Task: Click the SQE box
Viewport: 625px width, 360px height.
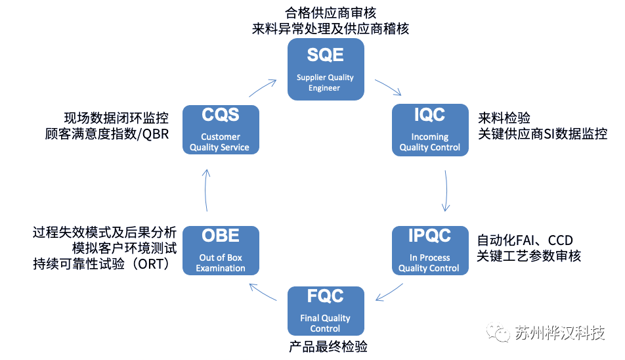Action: tap(326, 70)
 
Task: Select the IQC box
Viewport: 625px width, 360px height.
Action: tap(430, 130)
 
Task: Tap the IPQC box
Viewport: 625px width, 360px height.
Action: tap(430, 250)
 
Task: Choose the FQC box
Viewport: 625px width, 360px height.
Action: tap(326, 311)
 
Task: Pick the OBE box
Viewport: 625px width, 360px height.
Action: tap(221, 250)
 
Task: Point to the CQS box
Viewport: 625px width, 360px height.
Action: tap(221, 129)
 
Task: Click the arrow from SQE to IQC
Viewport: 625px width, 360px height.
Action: tap(388, 87)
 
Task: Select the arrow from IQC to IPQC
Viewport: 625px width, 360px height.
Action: tap(446, 191)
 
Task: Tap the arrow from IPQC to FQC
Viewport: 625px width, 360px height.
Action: tap(389, 292)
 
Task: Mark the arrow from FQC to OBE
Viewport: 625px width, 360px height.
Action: tap(263, 292)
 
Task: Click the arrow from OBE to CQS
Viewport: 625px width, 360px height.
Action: tap(205, 190)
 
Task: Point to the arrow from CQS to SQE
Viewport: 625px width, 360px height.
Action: tap(263, 88)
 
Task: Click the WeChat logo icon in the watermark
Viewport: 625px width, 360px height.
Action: tap(498, 332)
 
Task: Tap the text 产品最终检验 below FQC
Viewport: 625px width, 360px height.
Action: tap(328, 346)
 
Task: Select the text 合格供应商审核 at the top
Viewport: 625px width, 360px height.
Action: tap(330, 12)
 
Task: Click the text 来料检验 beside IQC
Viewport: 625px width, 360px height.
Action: tap(504, 118)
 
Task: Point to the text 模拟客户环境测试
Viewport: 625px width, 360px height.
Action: tap(124, 248)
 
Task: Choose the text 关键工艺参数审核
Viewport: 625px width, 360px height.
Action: tap(529, 256)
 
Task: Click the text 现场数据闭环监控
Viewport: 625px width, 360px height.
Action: tap(116, 118)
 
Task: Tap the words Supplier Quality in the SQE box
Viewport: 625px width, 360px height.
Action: tap(325, 78)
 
